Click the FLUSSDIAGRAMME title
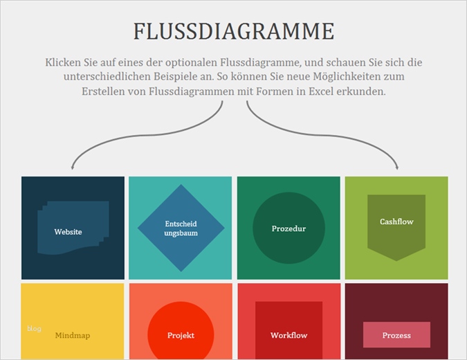[233, 31]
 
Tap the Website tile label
[68, 231]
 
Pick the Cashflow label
[396, 222]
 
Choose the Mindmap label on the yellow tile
[73, 335]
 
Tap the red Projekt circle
[181, 335]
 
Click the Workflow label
[289, 335]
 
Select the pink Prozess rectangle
[396, 335]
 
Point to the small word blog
[34, 328]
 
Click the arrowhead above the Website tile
[72, 167]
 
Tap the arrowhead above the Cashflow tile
[397, 167]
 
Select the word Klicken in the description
[63, 62]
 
